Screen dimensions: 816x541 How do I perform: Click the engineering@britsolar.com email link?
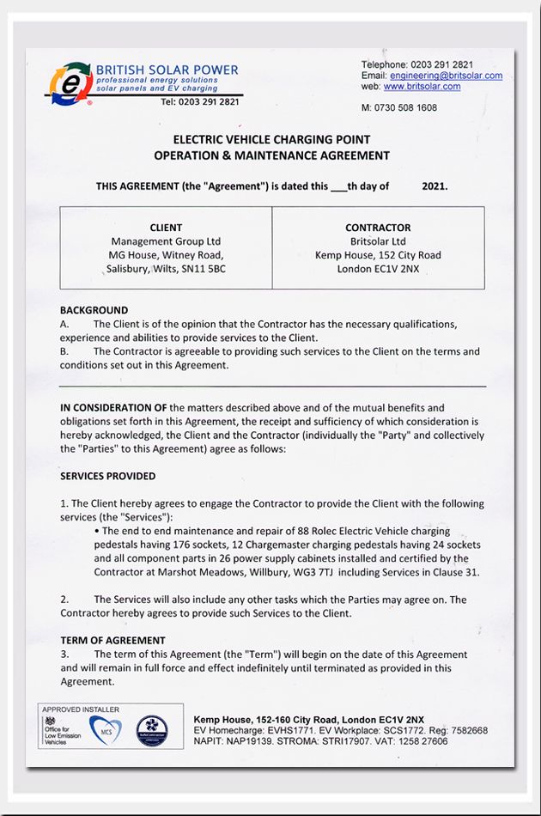pyautogui.click(x=446, y=76)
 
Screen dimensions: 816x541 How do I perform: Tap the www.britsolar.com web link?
pyautogui.click(x=422, y=87)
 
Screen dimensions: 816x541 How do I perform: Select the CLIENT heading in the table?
pyautogui.click(x=166, y=228)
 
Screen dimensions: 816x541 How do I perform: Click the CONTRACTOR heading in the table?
pyautogui.click(x=378, y=228)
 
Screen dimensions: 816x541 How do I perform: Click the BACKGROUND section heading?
pyautogui.click(x=94, y=310)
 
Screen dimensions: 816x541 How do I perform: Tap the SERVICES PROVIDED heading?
pyautogui.click(x=108, y=476)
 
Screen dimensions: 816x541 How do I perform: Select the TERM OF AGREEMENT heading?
pyautogui.click(x=112, y=641)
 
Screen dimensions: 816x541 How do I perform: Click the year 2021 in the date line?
pyautogui.click(x=435, y=186)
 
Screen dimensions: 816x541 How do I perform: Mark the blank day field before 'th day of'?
pyautogui.click(x=338, y=186)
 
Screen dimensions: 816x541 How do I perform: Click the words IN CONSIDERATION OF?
pyautogui.click(x=113, y=407)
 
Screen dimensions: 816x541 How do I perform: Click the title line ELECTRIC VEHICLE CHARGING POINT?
pyautogui.click(x=271, y=139)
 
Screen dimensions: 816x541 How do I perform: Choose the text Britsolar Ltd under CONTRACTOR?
pyautogui.click(x=378, y=241)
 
